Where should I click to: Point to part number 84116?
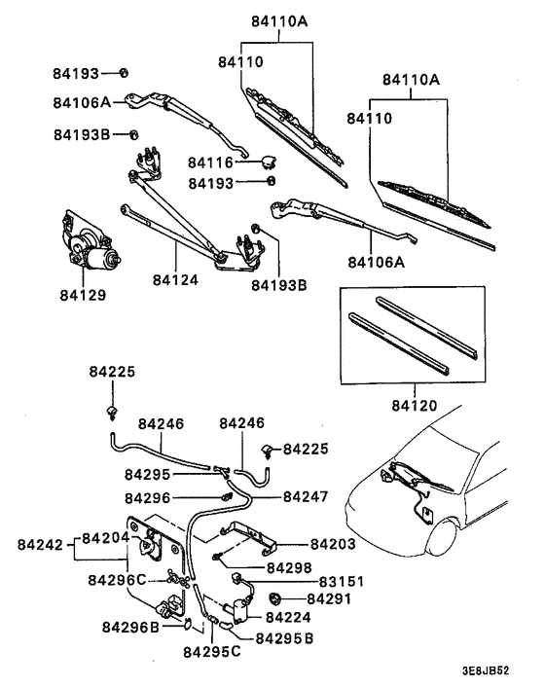[211, 163]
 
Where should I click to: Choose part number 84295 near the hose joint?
[147, 474]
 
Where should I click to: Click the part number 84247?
[307, 496]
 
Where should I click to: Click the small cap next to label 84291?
[277, 597]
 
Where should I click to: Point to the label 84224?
[288, 617]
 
